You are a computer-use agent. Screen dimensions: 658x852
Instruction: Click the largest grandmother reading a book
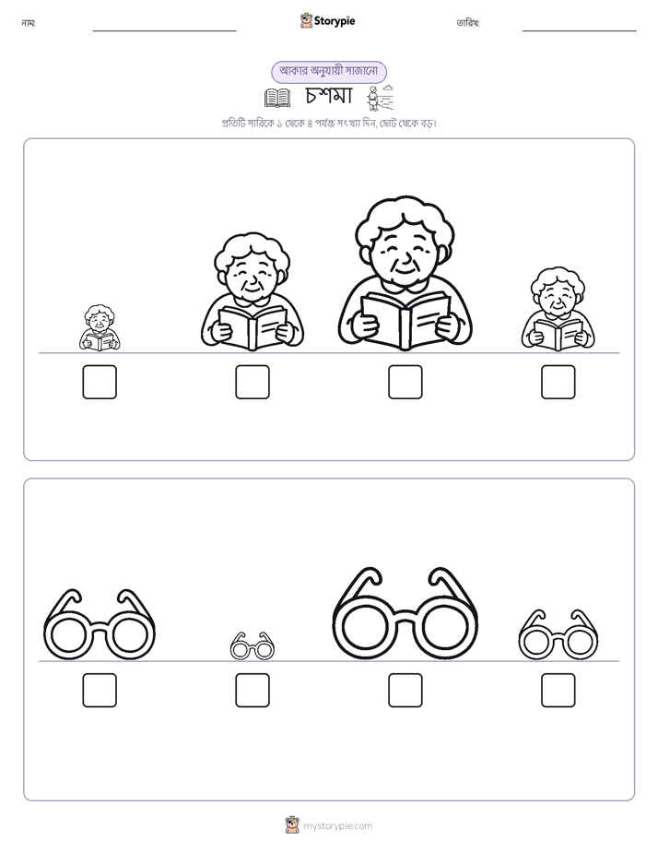point(405,273)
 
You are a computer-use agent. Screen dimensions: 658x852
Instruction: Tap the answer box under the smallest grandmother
point(100,382)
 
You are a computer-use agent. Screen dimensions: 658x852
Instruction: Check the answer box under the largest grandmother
point(405,382)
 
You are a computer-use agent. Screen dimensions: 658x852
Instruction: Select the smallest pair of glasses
point(252,646)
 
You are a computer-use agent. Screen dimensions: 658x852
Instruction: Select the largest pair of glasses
point(405,614)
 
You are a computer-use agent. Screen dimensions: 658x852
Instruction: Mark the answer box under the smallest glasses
point(253,691)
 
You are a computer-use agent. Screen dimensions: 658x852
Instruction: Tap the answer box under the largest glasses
point(405,691)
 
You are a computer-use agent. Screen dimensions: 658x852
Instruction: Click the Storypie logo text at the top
point(335,20)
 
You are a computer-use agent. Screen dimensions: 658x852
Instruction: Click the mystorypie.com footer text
point(337,826)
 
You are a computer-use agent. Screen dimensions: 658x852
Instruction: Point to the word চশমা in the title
point(329,96)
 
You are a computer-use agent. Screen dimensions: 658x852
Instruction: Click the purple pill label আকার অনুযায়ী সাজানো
point(329,72)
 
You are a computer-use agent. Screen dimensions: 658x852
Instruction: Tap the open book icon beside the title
point(277,98)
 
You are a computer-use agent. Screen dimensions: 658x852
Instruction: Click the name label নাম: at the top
point(29,23)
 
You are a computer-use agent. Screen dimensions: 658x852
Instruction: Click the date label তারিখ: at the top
point(468,23)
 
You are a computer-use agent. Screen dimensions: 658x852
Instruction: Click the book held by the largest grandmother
point(405,319)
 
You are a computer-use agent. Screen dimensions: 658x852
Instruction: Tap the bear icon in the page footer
point(292,825)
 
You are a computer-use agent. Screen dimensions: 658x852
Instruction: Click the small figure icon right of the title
point(380,98)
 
